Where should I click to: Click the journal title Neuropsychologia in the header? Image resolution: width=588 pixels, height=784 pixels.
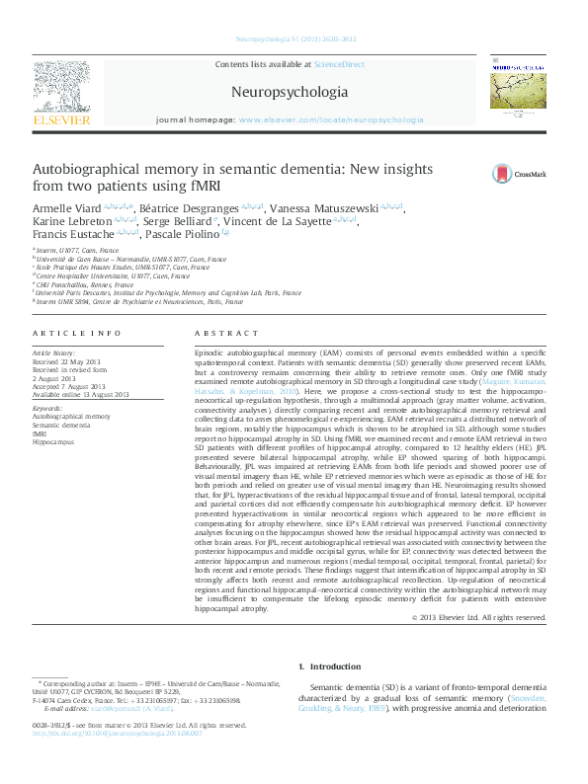[x=289, y=93]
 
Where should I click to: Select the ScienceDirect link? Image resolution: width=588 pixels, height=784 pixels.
[x=338, y=64]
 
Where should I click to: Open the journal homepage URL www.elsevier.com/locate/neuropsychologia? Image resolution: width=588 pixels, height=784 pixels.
[x=330, y=119]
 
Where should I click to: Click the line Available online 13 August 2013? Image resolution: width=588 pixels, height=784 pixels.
[x=81, y=394]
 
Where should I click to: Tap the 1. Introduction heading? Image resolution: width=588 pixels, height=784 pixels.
[x=331, y=666]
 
